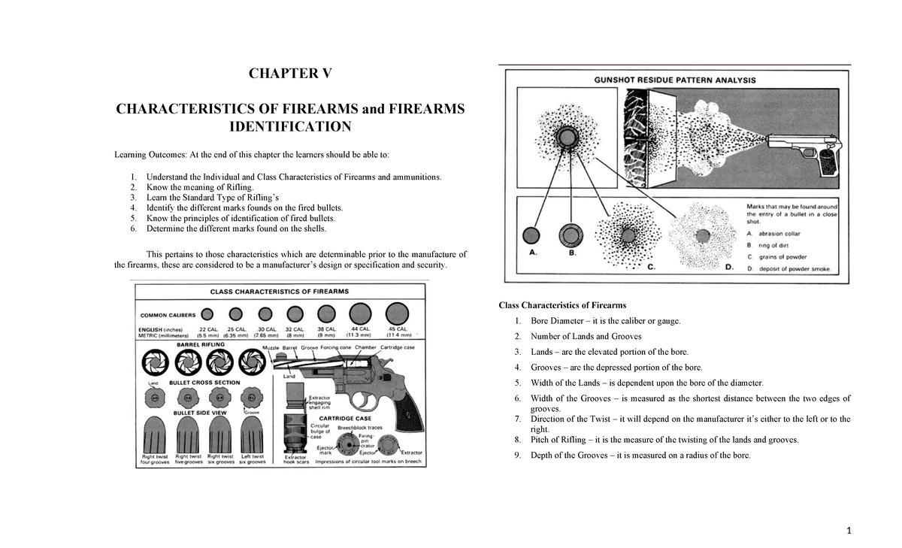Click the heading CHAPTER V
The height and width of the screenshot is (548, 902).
click(289, 74)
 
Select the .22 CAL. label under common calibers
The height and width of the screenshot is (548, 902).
click(207, 329)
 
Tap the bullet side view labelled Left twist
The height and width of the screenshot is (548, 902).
click(252, 434)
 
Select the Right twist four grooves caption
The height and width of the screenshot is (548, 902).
click(156, 459)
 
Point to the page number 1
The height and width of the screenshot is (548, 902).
click(847, 531)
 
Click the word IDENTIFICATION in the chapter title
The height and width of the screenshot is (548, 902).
click(289, 126)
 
